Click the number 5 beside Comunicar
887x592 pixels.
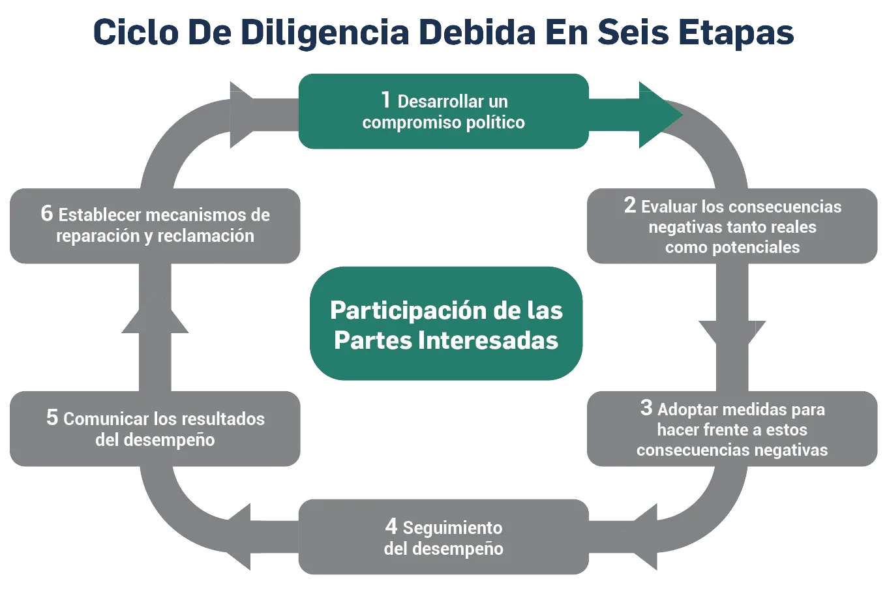click(52, 417)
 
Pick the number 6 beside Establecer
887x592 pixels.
click(46, 213)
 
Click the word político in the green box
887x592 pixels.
click(494, 123)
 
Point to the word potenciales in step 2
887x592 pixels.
click(758, 248)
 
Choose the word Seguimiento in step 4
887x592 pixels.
click(453, 527)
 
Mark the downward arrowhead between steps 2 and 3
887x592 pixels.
click(732, 332)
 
